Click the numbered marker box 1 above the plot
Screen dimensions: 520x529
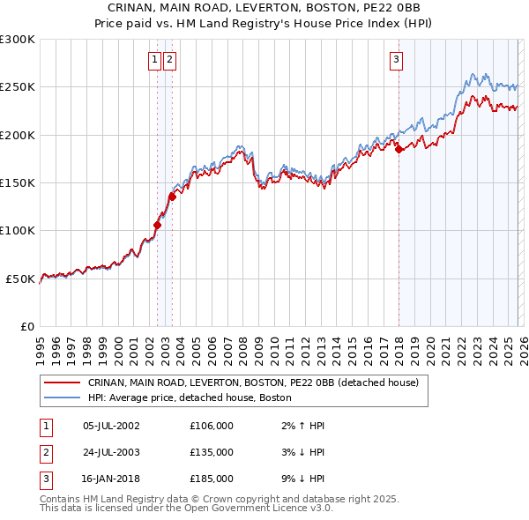click(x=154, y=60)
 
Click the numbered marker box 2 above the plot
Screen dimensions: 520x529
click(x=169, y=60)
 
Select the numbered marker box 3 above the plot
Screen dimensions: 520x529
click(x=397, y=60)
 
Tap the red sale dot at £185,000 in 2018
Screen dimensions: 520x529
click(x=399, y=150)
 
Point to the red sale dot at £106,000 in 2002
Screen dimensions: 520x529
click(x=157, y=225)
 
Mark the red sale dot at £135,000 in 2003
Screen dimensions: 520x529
click(x=173, y=197)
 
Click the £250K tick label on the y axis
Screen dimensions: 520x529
click(x=18, y=87)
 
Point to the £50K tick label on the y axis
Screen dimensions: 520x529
click(x=20, y=279)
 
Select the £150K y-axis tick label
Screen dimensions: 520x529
click(x=18, y=182)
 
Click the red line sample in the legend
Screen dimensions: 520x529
click(x=63, y=383)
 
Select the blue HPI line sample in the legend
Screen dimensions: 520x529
click(x=63, y=397)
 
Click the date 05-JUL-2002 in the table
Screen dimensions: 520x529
click(x=110, y=426)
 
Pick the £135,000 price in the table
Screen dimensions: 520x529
click(x=212, y=452)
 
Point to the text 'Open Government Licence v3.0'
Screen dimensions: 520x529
click(x=257, y=509)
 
